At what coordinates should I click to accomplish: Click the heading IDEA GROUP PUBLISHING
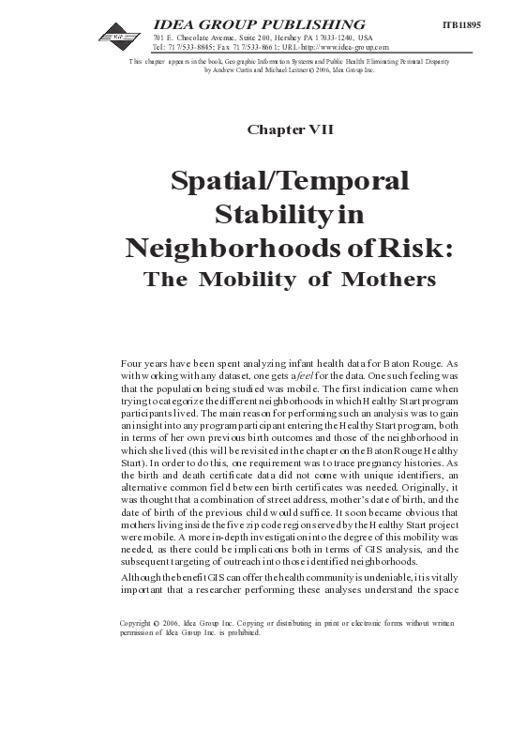click(x=259, y=23)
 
